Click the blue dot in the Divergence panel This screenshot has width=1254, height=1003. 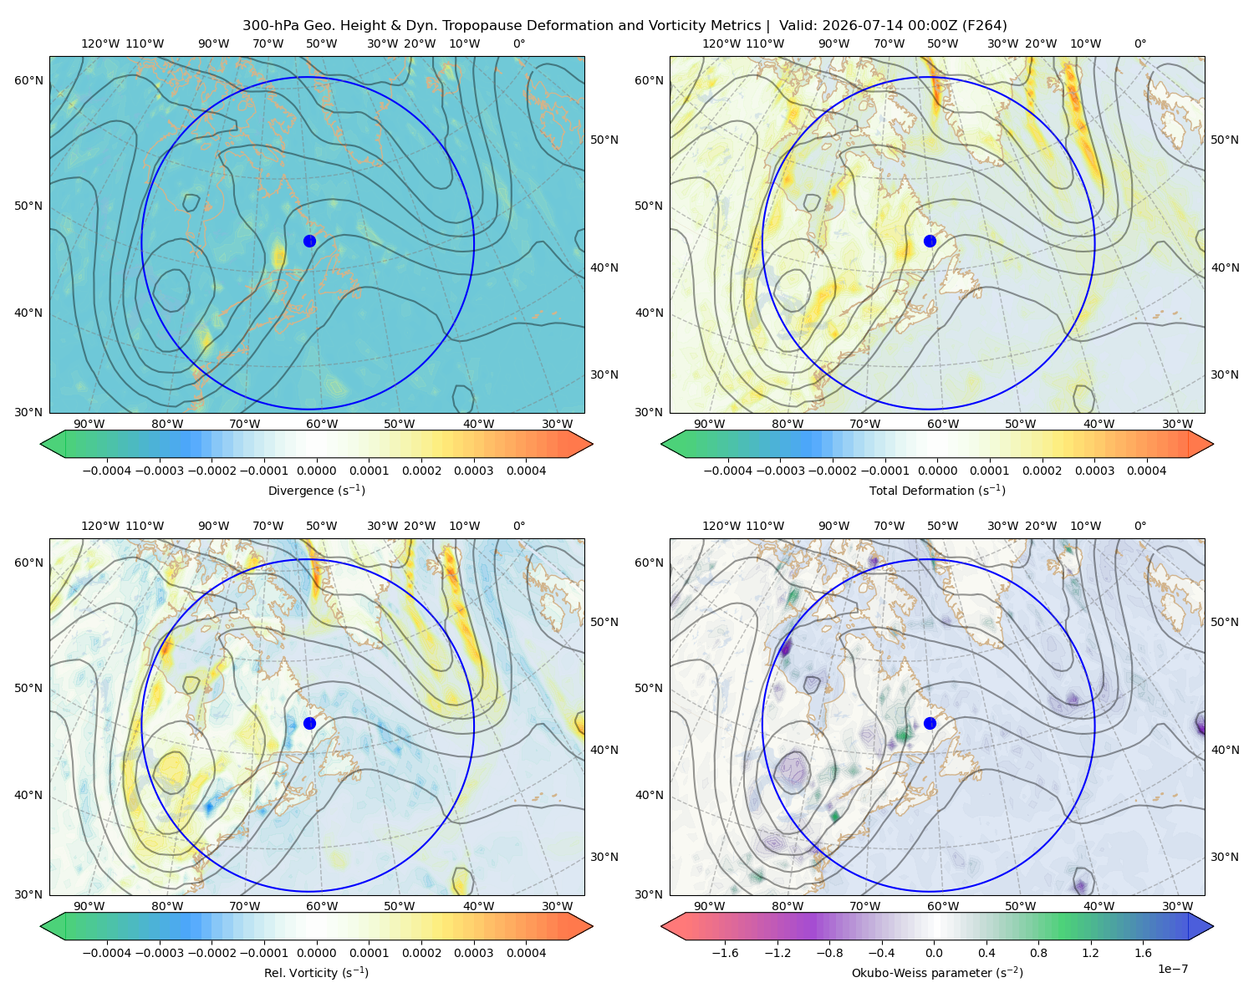[309, 242]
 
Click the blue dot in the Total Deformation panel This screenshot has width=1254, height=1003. [930, 242]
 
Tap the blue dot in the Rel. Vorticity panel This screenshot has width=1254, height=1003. [309, 723]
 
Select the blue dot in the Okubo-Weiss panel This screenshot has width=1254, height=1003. [930, 723]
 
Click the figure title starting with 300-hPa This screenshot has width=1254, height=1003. [624, 26]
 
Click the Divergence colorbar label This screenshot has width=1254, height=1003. [316, 491]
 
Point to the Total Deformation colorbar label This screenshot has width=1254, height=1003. [937, 491]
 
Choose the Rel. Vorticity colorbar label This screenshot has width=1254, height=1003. [316, 973]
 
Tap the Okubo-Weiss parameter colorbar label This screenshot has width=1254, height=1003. [937, 973]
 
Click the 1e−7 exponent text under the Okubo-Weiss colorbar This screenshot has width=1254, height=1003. [1172, 969]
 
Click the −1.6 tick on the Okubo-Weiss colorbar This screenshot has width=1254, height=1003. [726, 953]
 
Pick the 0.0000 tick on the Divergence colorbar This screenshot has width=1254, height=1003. [316, 471]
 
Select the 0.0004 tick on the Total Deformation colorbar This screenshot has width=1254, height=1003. [1147, 471]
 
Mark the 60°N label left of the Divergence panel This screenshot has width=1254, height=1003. [28, 80]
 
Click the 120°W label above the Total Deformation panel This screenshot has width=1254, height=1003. [721, 43]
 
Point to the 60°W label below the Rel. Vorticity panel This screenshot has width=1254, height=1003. [322, 906]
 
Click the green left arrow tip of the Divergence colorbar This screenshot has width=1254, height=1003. [41, 444]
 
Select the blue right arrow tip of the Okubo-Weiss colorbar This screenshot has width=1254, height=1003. [1213, 926]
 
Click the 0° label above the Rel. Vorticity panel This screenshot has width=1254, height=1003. [519, 526]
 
